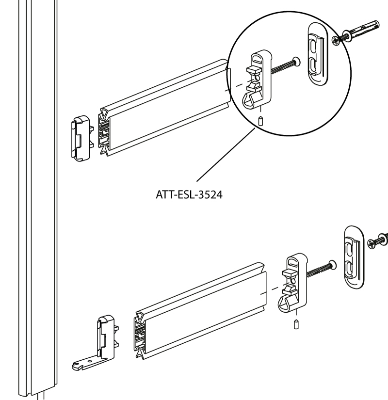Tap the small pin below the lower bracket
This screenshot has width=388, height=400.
pyautogui.click(x=296, y=324)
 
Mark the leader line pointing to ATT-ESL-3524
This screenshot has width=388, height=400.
pyautogui.click(x=226, y=155)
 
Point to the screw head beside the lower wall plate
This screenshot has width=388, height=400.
pyautogui.click(x=377, y=240)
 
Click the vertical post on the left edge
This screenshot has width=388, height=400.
pyautogui.click(x=38, y=194)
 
